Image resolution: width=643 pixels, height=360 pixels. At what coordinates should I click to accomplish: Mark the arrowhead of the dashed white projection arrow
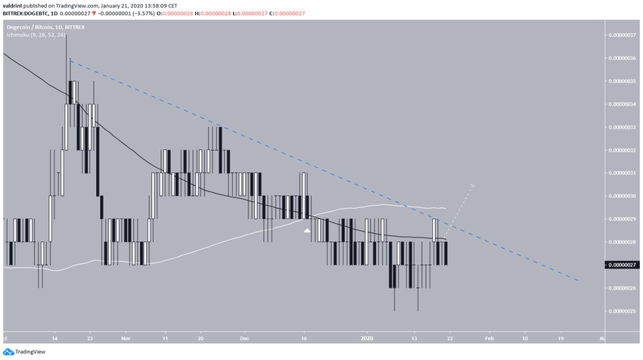point(474,184)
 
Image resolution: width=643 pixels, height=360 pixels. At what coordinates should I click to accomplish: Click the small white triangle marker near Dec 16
point(307,230)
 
